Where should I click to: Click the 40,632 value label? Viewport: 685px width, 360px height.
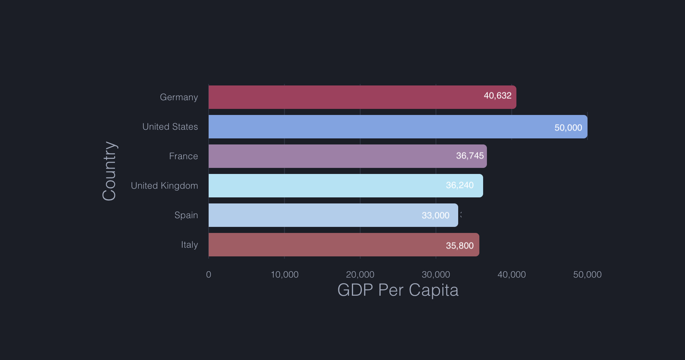pos(497,96)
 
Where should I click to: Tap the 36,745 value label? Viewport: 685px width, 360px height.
pos(470,156)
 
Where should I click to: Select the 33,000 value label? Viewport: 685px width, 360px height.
pos(435,216)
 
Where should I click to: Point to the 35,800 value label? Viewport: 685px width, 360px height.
pos(460,246)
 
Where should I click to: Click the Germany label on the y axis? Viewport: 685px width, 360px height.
pos(179,97)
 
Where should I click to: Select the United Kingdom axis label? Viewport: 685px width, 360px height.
pos(164,186)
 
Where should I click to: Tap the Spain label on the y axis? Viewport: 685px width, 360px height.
pos(186,215)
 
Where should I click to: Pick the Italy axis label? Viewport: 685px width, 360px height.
pos(189,245)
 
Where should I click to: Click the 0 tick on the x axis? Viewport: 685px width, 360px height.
pos(209,275)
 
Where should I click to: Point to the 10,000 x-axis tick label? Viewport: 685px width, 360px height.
pos(285,275)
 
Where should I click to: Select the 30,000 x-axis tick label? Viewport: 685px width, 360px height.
pos(436,275)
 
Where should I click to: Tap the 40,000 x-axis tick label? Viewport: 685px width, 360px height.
pos(511,275)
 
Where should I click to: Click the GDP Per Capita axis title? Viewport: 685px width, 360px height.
pos(398,290)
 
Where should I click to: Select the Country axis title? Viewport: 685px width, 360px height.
pos(109,171)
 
